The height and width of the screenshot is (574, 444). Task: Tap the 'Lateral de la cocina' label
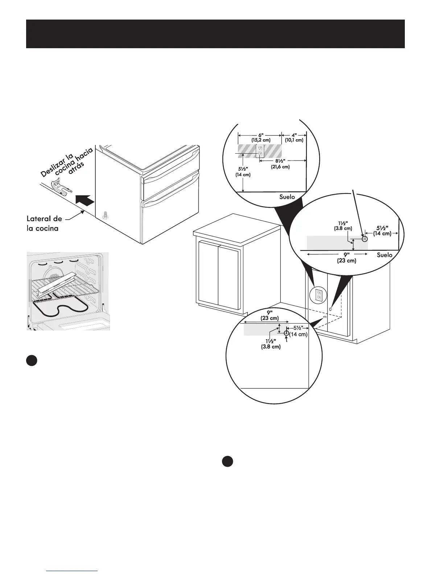pos(44,224)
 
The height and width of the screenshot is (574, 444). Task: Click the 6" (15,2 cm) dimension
pos(259,137)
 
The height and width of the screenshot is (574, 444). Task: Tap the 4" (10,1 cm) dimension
pos(294,137)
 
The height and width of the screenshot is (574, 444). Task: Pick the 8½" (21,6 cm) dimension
pos(280,164)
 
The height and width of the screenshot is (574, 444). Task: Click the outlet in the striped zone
pos(259,151)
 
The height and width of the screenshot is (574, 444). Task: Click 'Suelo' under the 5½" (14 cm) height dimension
pos(287,197)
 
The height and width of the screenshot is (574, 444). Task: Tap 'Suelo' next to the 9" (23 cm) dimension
pos(384,255)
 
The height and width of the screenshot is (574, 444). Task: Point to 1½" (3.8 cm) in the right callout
pos(343,226)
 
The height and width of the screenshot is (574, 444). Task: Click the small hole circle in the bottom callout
pos(286,333)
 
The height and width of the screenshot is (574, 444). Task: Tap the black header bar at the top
pos(215,34)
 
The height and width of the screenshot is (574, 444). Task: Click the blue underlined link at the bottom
pos(72,571)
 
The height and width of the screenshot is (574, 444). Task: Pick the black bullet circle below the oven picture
pos(32,361)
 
